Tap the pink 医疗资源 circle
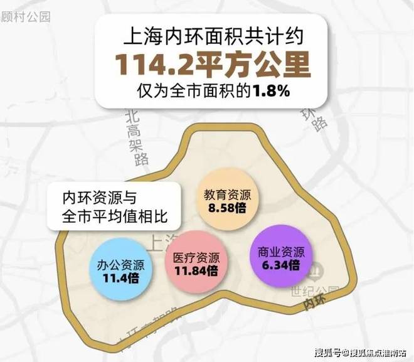196,264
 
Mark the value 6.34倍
280,264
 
